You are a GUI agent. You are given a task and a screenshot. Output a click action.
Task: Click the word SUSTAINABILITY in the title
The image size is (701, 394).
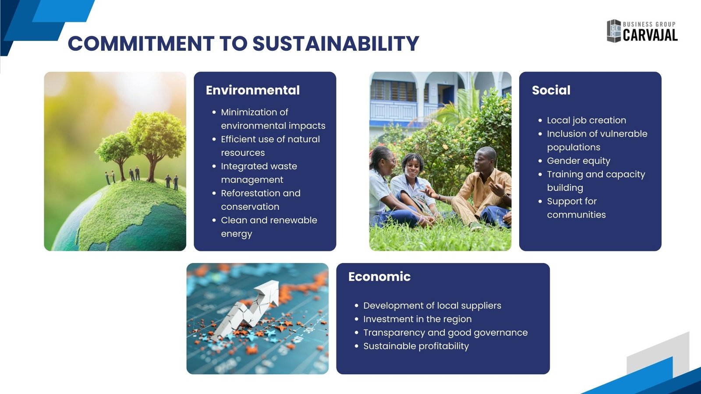336,43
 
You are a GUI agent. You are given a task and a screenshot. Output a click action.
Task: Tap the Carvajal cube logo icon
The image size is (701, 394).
614,31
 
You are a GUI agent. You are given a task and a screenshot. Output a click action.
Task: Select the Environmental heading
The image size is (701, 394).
252,90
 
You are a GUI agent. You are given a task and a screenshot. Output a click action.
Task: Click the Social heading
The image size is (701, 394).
551,90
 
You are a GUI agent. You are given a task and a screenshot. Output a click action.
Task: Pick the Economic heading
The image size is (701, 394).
379,277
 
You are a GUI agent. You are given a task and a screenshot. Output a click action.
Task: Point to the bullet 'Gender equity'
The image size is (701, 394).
578,161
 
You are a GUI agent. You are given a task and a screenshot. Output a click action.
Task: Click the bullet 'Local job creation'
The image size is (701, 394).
587,120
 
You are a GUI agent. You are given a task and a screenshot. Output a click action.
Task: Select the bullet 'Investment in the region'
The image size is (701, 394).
417,319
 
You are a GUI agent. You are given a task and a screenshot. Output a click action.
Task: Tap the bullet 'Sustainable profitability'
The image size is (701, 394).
416,346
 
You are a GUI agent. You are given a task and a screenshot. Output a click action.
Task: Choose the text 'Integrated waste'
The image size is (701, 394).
259,166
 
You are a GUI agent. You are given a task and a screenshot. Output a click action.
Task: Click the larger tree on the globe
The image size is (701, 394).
156,144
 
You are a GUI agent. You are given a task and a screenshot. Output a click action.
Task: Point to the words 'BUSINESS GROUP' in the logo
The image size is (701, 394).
649,25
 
